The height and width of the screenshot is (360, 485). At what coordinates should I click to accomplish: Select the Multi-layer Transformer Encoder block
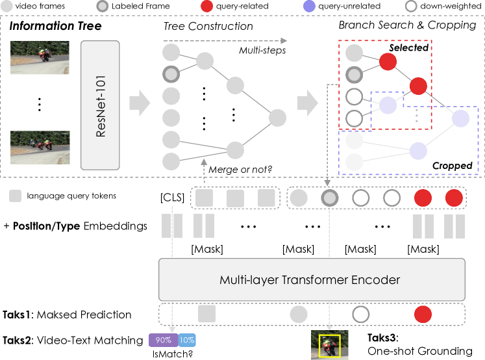click(x=312, y=280)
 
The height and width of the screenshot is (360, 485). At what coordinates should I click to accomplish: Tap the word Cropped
click(x=452, y=166)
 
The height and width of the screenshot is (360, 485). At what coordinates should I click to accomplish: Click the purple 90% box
click(x=162, y=340)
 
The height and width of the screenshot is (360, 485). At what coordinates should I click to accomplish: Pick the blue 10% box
click(x=186, y=340)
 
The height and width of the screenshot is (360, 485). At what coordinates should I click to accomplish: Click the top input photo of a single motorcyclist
click(x=40, y=58)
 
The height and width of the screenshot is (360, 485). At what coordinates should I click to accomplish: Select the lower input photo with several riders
click(x=40, y=148)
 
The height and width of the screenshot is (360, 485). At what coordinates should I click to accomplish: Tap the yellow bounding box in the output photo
click(x=329, y=346)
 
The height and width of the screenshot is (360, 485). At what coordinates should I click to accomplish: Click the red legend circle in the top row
click(x=206, y=6)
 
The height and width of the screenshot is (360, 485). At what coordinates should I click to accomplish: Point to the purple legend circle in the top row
click(x=310, y=6)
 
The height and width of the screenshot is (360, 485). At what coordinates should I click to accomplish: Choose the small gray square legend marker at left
click(x=15, y=196)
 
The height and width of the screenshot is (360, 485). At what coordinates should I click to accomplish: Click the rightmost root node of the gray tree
click(x=277, y=118)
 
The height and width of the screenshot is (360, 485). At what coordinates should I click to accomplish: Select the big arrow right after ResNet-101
click(x=140, y=102)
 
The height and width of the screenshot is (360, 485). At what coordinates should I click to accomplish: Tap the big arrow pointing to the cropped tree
click(x=307, y=102)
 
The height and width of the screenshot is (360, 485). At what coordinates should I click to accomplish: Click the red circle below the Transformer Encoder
click(x=423, y=315)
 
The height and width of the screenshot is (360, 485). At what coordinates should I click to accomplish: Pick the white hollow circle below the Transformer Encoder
click(x=360, y=315)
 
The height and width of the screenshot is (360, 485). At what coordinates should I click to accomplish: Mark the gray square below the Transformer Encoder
click(x=206, y=315)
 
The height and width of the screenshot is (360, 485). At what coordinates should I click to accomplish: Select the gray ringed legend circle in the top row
click(x=102, y=6)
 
